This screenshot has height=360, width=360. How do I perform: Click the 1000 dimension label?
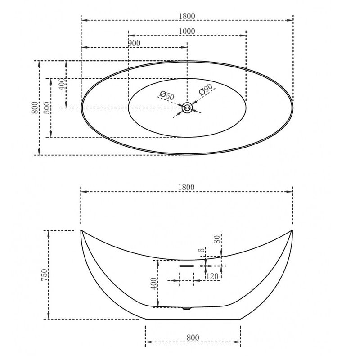pyautogui.click(x=187, y=31)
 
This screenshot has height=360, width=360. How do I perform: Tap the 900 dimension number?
pyautogui.click(x=134, y=43)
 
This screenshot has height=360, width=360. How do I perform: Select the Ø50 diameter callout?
pyautogui.click(x=167, y=95)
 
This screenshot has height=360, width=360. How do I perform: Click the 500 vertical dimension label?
pyautogui.click(x=47, y=108)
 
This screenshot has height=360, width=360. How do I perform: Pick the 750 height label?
pyautogui.click(x=44, y=275)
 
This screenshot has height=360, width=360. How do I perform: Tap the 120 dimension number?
pyautogui.click(x=212, y=276)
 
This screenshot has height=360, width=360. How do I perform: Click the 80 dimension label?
pyautogui.click(x=217, y=240)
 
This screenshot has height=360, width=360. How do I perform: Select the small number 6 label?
pyautogui.click(x=201, y=250)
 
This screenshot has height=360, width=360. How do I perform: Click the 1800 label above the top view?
pyautogui.click(x=187, y=16)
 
